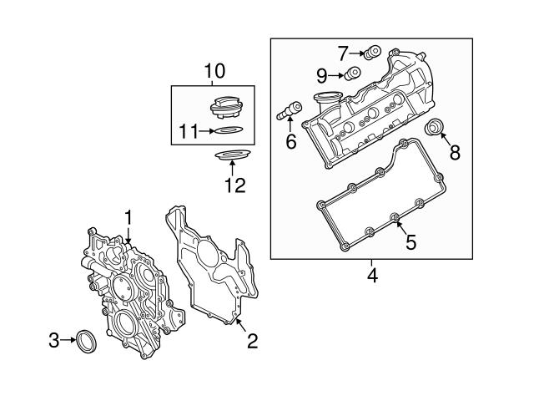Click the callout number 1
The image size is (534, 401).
(x=129, y=217)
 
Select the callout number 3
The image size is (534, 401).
(x=53, y=340)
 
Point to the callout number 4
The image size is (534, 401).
(x=372, y=273)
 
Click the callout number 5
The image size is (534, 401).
(x=410, y=242)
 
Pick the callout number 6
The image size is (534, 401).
(x=290, y=142)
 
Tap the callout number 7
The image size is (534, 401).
(x=343, y=53)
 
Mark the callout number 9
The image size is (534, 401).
(x=322, y=75)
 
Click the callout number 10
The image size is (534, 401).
(x=214, y=72)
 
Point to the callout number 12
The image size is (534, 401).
(x=234, y=185)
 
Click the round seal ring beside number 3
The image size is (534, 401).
(x=85, y=340)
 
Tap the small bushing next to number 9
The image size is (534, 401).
(x=352, y=74)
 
